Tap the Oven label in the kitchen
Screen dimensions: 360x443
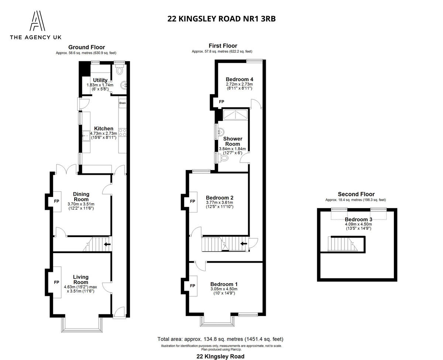click(122, 103)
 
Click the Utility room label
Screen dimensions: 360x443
click(100, 80)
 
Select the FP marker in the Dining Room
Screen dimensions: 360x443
click(56, 201)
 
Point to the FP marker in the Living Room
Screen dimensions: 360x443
click(56, 282)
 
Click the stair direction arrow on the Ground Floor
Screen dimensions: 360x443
click(107, 244)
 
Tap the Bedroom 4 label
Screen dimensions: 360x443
click(239, 79)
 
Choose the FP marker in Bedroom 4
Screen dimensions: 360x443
click(221, 102)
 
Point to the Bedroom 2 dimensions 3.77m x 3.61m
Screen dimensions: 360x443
click(219, 202)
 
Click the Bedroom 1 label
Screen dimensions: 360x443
click(224, 284)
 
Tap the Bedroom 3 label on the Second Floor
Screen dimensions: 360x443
click(358, 219)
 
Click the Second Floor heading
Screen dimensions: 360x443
click(356, 194)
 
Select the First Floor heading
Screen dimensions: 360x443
click(223, 46)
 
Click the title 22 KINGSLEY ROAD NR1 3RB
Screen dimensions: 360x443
click(221, 19)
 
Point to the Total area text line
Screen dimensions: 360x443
click(220, 339)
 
